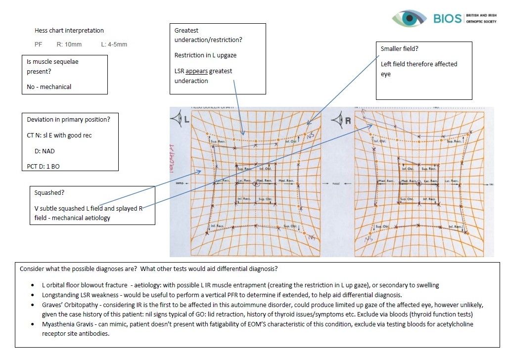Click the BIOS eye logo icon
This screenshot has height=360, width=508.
click(409, 19)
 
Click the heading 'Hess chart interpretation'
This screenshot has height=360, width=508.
click(69, 31)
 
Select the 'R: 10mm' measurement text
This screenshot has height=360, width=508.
click(69, 45)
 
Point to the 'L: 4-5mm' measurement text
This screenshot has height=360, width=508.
click(114, 45)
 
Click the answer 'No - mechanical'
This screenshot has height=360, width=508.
click(49, 87)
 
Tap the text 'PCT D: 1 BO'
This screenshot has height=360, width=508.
click(43, 166)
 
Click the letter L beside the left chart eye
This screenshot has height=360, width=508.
click(186, 120)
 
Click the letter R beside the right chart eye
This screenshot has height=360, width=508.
click(347, 120)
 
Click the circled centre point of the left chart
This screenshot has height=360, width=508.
click(256, 183)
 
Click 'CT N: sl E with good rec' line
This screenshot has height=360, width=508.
click(59, 135)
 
